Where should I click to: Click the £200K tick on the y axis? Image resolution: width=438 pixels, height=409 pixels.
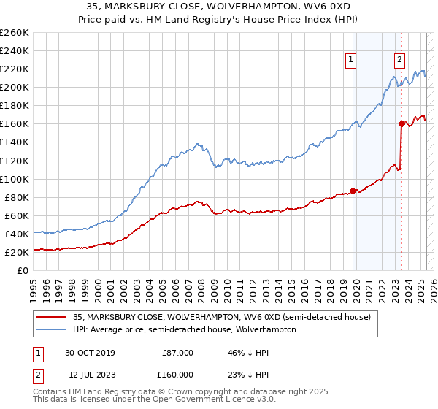click(x=15, y=87)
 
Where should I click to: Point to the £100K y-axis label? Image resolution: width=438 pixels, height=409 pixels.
click(x=15, y=179)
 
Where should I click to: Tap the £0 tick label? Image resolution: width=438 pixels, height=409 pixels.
click(x=23, y=270)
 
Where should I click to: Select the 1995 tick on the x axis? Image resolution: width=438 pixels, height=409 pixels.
click(x=34, y=283)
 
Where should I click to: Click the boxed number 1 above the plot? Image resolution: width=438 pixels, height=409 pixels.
click(x=351, y=61)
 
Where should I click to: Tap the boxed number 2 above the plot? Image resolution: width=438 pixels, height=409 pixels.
click(x=400, y=61)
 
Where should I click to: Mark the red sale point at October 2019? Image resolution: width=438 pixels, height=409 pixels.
click(x=353, y=191)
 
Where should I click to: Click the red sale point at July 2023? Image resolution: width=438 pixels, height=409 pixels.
click(x=401, y=123)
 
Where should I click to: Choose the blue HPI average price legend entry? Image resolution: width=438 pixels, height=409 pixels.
click(x=183, y=329)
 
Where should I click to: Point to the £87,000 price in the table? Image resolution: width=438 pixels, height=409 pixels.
click(x=177, y=353)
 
